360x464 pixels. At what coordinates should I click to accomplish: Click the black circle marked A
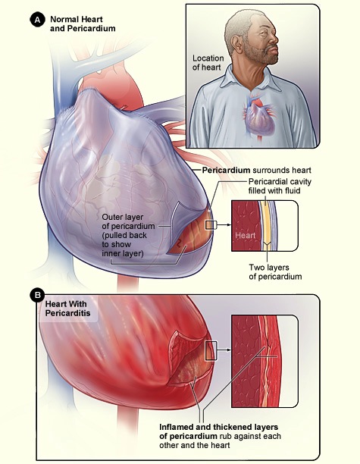(x=38, y=20)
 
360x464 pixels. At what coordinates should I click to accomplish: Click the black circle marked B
(x=38, y=296)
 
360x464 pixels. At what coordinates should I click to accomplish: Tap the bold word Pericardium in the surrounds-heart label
(x=226, y=170)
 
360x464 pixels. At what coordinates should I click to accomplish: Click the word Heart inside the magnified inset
(x=246, y=236)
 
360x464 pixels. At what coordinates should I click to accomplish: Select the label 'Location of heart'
(x=208, y=63)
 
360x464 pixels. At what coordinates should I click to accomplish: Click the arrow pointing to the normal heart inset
(x=224, y=225)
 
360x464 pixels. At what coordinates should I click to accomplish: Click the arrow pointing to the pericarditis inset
(x=224, y=350)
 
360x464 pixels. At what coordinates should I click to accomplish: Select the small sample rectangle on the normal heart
(x=211, y=225)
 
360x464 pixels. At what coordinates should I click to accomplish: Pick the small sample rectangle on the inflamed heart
(x=211, y=351)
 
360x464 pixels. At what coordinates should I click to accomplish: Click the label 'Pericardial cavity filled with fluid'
(x=280, y=186)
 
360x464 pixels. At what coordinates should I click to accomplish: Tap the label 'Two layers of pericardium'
(x=275, y=272)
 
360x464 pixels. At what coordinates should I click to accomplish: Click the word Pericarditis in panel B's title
(x=67, y=313)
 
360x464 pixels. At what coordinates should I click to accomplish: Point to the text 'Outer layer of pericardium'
(x=128, y=221)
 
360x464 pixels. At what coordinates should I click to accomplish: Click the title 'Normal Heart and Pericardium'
(x=83, y=24)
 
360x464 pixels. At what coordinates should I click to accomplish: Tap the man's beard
(x=261, y=55)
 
